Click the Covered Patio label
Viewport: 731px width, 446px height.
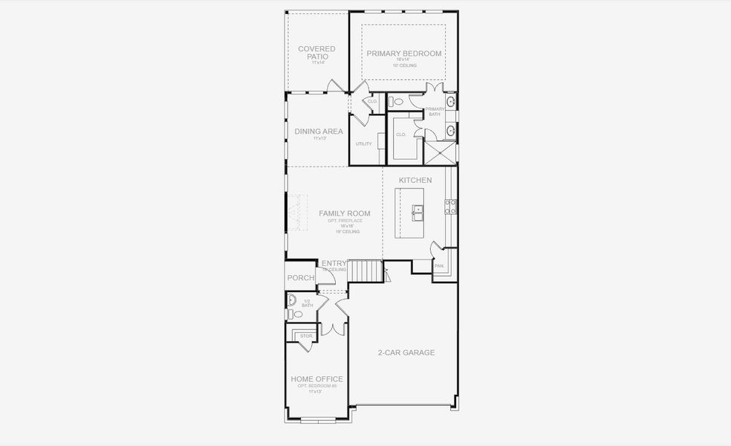(x=316, y=53)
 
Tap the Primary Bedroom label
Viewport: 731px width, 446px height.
(x=404, y=54)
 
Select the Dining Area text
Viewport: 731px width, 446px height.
(x=319, y=132)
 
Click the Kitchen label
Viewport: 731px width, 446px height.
(x=415, y=181)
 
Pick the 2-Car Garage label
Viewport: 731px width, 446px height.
(x=405, y=352)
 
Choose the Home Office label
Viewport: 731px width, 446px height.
(x=317, y=379)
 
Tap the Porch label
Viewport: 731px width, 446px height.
(x=301, y=278)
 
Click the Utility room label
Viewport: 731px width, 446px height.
(x=363, y=143)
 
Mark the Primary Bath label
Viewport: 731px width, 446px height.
(x=435, y=112)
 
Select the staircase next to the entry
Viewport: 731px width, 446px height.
(x=365, y=271)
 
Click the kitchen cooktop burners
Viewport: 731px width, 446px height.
(x=449, y=207)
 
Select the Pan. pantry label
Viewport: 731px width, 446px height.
(x=439, y=265)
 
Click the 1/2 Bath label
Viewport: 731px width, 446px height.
(x=308, y=303)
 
